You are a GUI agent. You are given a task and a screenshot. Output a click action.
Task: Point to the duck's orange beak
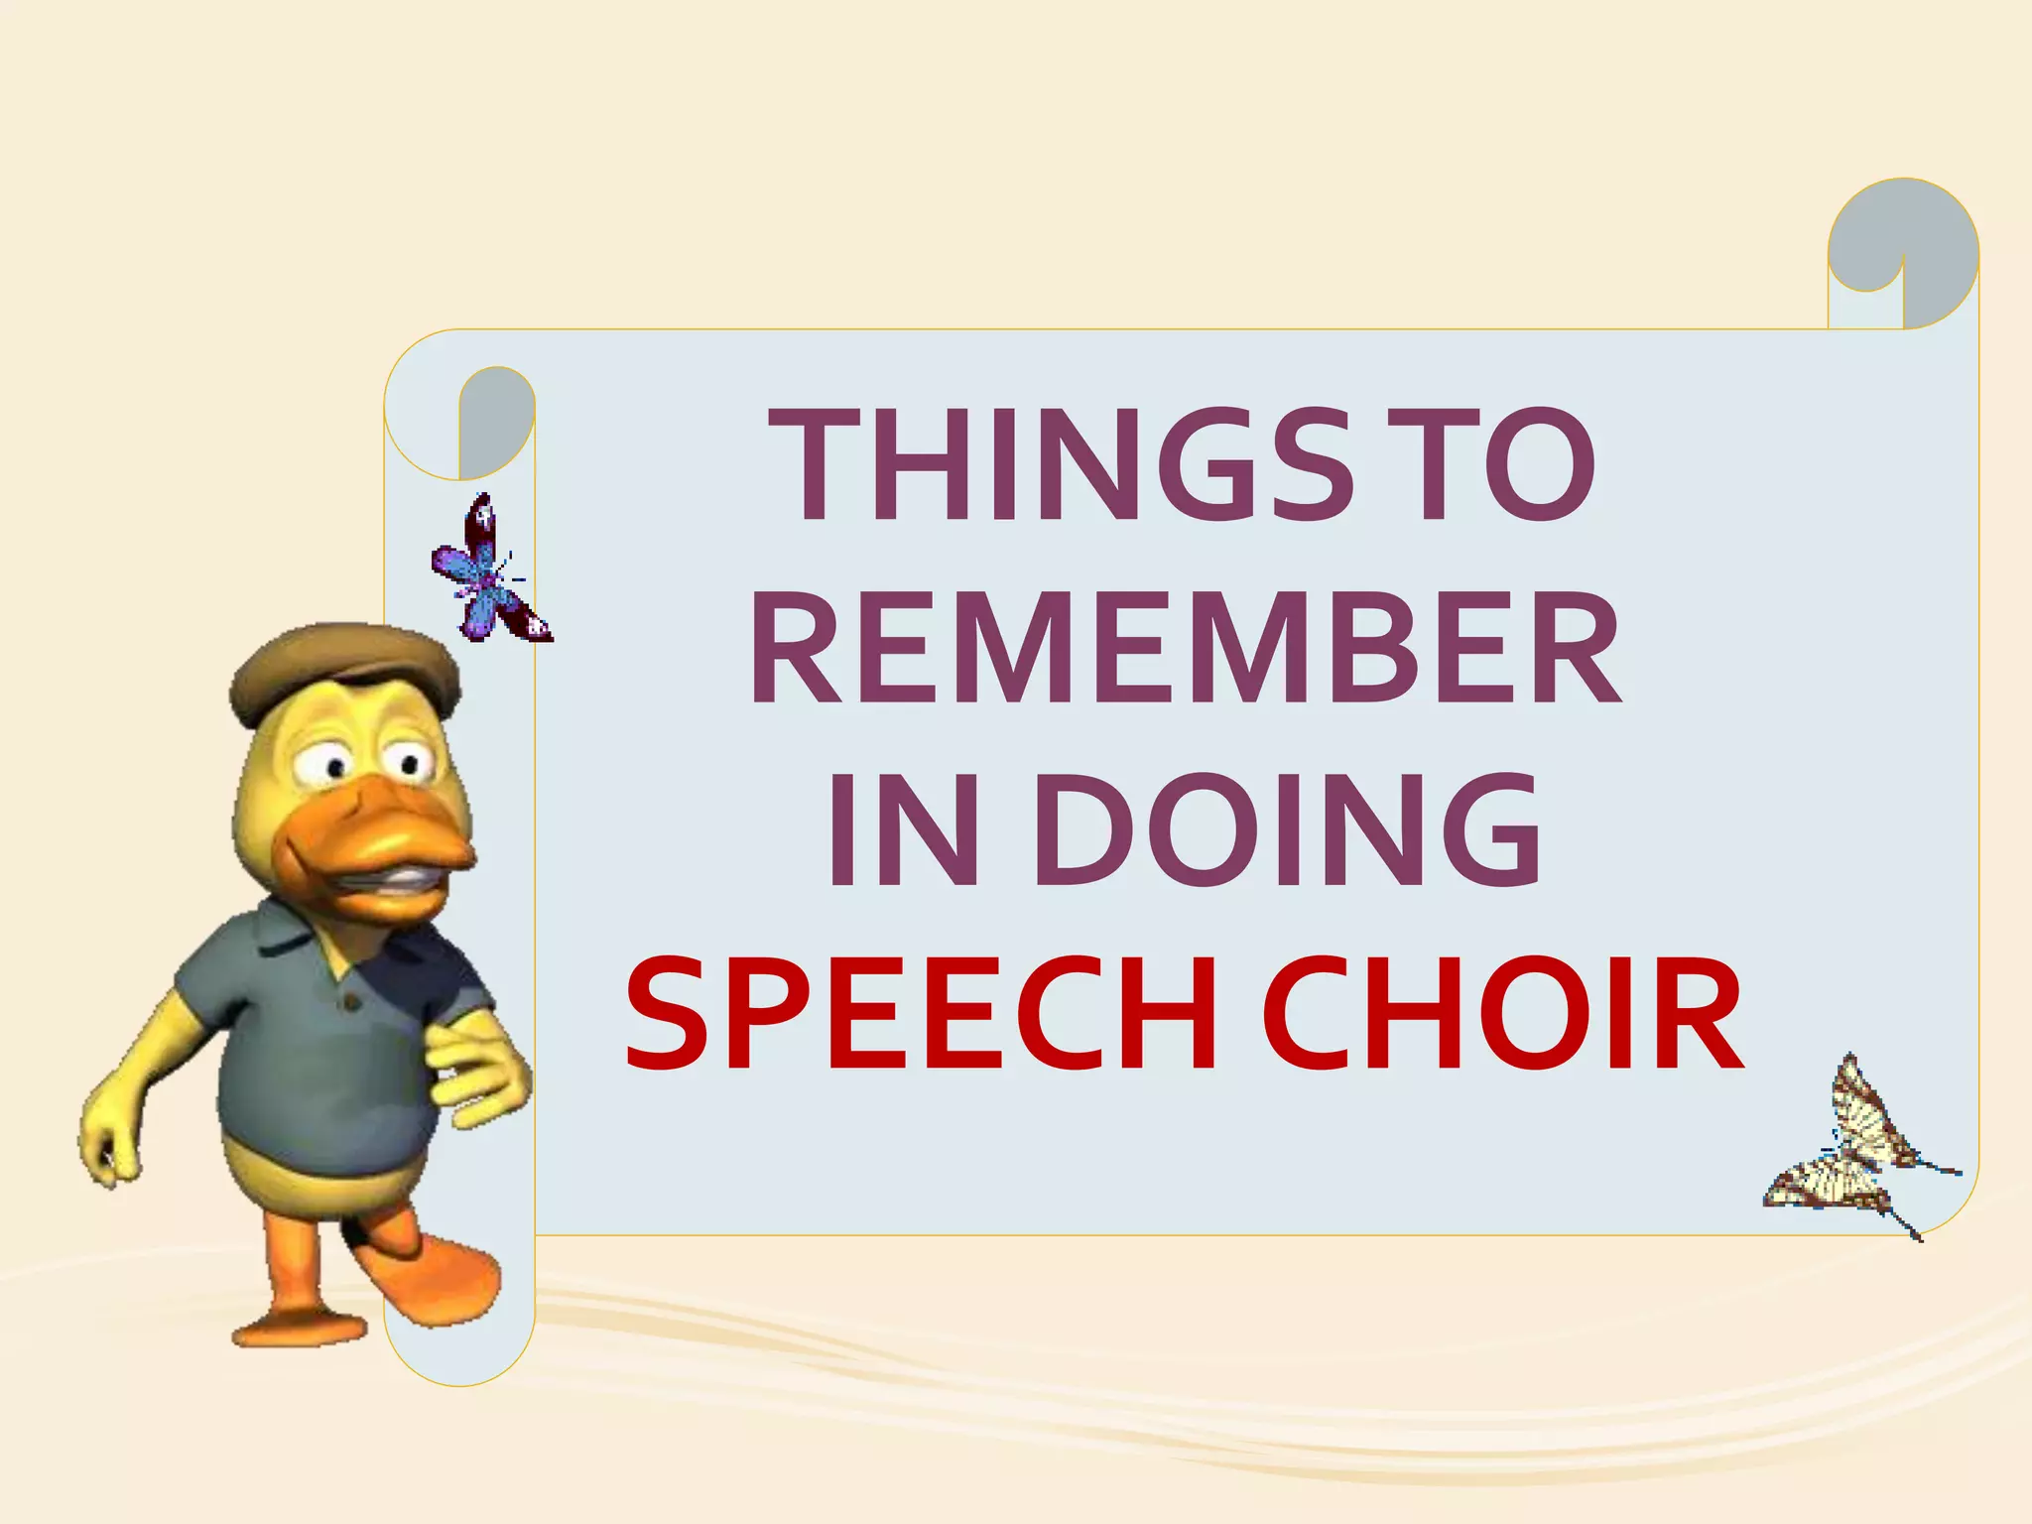click(397, 833)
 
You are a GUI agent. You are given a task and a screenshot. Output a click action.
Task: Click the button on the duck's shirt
click(348, 1003)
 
